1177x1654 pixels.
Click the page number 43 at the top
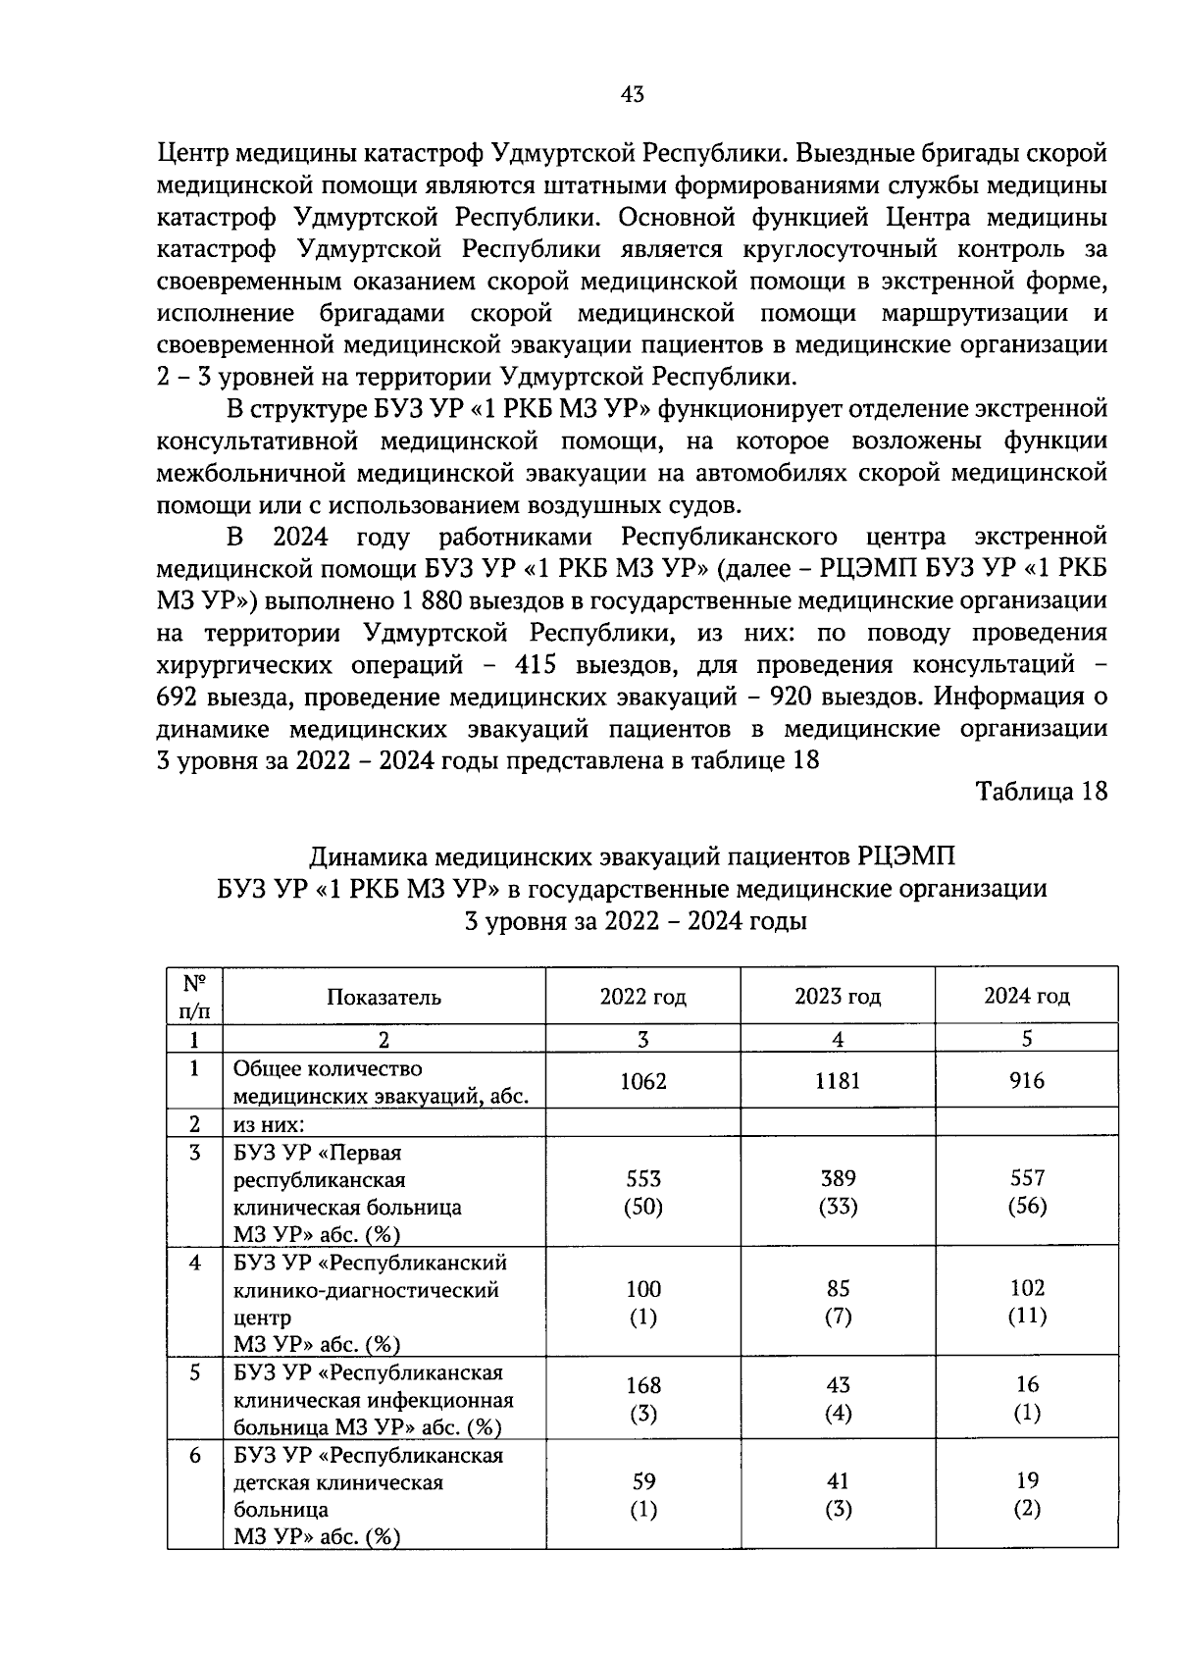[x=633, y=94]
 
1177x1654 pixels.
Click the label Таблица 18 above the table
[x=1041, y=792]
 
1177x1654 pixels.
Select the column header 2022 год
[x=642, y=997]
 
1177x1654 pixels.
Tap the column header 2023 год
[x=838, y=997]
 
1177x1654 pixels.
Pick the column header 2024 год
[x=1026, y=997]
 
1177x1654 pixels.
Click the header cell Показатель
[x=384, y=997]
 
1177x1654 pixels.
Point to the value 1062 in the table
[x=642, y=1081]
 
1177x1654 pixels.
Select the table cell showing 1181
[x=838, y=1081]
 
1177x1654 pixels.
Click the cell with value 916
[x=1026, y=1081]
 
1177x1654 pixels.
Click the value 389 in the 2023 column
[x=838, y=1177]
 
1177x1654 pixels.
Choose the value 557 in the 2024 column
[x=1026, y=1177]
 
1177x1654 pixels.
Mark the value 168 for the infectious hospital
[x=642, y=1385]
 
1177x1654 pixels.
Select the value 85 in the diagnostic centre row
[x=838, y=1288]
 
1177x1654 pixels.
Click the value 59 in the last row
[x=642, y=1480]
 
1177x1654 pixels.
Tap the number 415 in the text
[x=535, y=665]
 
